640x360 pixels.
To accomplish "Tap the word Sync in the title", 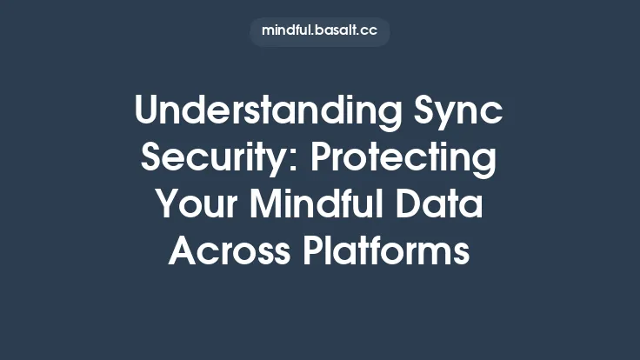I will (464, 113).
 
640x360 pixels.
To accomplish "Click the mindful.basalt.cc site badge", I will (320, 31).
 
